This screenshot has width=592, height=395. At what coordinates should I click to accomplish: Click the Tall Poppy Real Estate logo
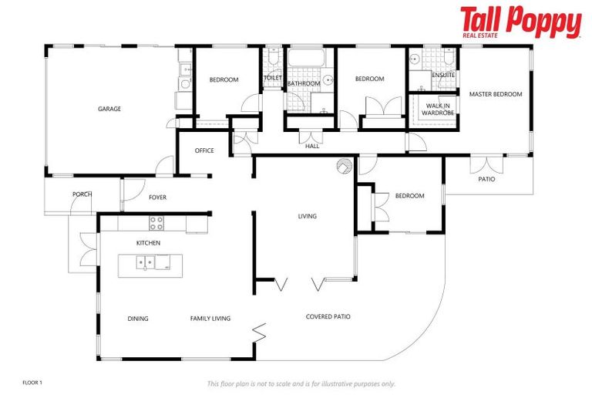point(520,22)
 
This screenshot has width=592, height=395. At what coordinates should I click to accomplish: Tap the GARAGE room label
point(109,109)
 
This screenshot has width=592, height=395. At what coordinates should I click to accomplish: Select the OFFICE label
point(204,150)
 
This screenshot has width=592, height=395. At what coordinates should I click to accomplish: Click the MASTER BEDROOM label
point(496,94)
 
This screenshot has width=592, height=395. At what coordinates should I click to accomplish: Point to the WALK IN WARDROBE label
point(436,109)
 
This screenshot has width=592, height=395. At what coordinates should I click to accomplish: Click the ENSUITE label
point(443,75)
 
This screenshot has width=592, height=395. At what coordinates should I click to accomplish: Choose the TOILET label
point(273,78)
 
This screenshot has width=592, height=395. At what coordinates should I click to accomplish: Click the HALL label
point(312,145)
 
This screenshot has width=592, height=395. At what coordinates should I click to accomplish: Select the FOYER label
point(157,197)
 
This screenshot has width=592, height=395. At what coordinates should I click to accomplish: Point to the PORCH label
point(82,194)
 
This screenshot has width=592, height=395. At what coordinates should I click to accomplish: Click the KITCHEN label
point(149,243)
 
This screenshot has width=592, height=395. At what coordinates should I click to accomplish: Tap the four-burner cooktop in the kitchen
point(156,223)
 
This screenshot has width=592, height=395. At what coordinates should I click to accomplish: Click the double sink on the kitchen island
point(147,263)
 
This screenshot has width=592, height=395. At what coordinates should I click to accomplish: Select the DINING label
point(138,319)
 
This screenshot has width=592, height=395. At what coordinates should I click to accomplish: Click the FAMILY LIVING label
point(210,319)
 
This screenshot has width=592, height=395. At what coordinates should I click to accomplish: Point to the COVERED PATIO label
point(328,316)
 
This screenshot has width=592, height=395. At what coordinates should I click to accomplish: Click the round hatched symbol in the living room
point(343,166)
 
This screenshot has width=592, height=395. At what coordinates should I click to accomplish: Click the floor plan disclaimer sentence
point(301,383)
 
